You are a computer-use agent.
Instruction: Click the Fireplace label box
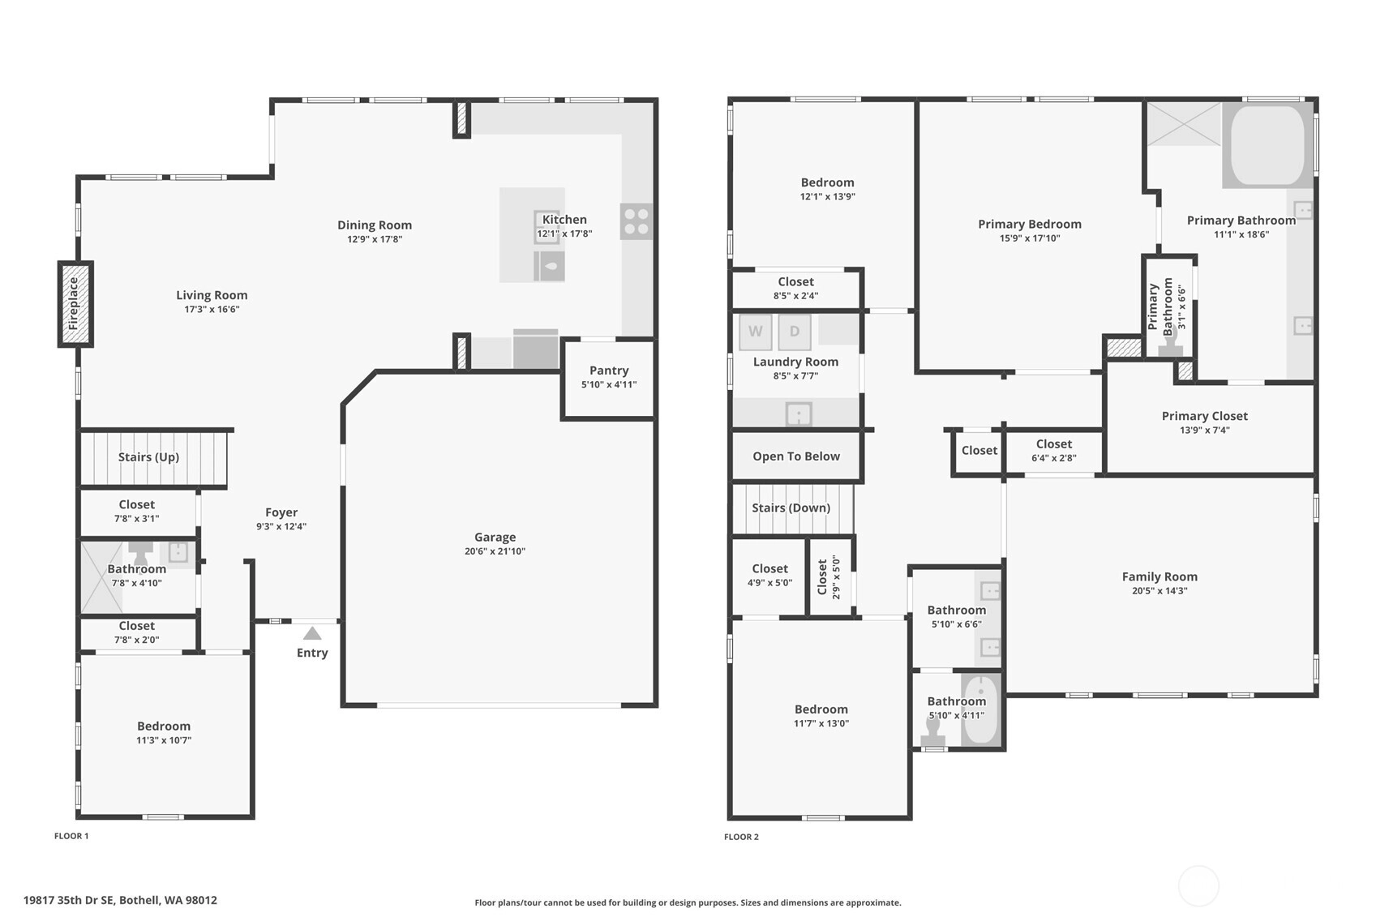click(75, 303)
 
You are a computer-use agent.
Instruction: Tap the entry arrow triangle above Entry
click(312, 633)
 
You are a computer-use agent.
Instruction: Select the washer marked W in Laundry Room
click(756, 332)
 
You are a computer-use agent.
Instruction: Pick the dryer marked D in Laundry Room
click(795, 332)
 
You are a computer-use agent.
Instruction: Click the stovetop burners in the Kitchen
click(636, 221)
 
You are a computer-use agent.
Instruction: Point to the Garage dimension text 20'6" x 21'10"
click(495, 551)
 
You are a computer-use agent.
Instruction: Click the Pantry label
click(609, 371)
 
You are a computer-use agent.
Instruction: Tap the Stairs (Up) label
click(148, 457)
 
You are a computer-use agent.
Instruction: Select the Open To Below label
click(796, 456)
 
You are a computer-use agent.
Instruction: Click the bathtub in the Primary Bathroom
click(1267, 145)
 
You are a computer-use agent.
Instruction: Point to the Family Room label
click(1160, 576)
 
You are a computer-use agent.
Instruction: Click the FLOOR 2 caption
click(741, 837)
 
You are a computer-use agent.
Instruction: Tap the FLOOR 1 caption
click(71, 835)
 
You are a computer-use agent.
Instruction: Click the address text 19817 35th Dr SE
click(69, 900)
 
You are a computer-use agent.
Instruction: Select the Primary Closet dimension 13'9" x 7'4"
click(1205, 430)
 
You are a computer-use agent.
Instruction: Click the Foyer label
click(281, 512)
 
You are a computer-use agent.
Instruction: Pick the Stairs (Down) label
click(791, 508)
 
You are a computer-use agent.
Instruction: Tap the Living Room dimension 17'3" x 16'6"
click(212, 309)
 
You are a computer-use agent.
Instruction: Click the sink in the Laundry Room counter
click(799, 414)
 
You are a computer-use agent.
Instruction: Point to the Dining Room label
click(375, 225)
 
